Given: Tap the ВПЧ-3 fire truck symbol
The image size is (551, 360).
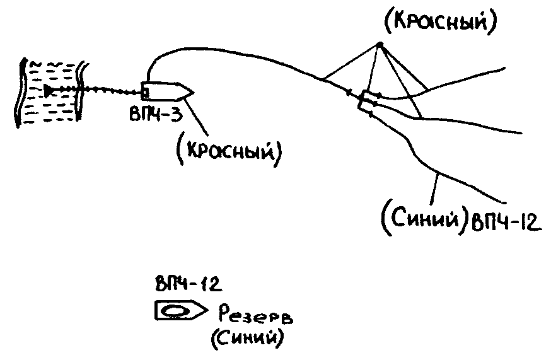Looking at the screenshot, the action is pos(166,91).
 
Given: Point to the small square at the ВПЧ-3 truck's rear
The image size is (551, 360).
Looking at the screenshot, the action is pos(146,93).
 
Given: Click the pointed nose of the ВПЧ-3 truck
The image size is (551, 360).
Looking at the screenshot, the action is pos(188,92).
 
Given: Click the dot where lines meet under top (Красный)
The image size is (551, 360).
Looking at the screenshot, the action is pos(380,44).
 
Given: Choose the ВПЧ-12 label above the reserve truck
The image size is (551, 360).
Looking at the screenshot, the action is pos(187,285).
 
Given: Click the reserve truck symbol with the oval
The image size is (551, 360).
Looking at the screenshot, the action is pos(180,311).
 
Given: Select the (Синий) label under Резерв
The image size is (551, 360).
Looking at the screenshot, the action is pos(246,339).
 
